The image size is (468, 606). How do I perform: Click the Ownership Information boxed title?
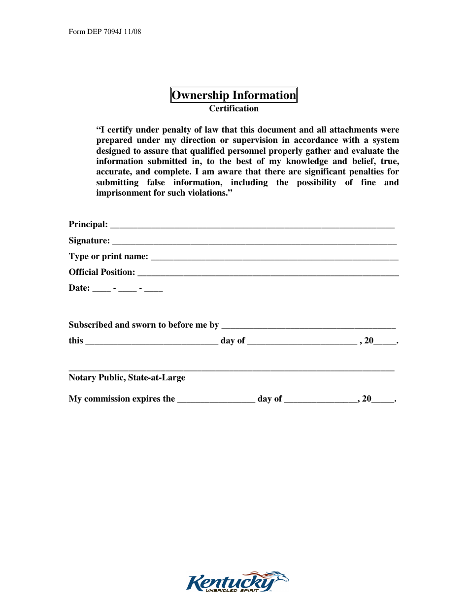[234, 95]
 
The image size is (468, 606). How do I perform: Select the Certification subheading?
[234, 108]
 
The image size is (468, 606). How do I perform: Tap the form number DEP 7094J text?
[105, 32]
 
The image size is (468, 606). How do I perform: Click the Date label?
[79, 288]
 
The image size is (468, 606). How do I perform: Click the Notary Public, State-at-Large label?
[127, 378]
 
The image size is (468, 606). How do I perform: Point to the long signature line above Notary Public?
[231, 370]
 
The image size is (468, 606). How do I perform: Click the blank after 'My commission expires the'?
[216, 401]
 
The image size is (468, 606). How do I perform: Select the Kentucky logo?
[237, 582]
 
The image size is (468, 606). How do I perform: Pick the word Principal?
[88, 225]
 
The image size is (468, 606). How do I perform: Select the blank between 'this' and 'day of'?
[151, 342]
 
